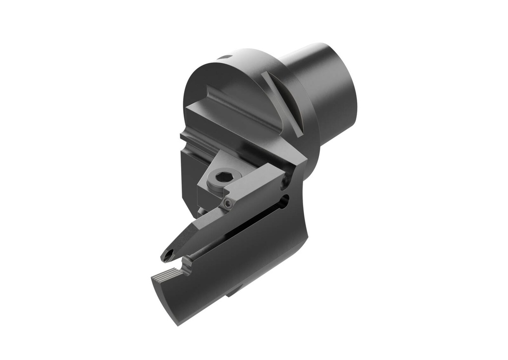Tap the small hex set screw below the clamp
pyautogui.click(x=227, y=203)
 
